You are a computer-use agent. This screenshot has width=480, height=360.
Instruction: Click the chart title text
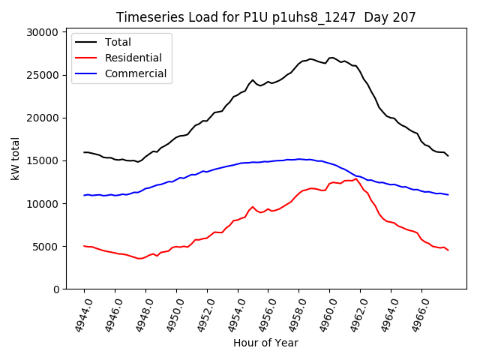(267, 17)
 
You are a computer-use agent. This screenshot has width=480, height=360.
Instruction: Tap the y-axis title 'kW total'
(16, 160)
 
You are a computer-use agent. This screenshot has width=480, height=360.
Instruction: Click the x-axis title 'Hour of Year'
(266, 343)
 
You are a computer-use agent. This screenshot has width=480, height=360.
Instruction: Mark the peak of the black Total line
(331, 58)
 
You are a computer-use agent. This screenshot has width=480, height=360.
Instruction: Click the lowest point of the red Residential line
(139, 259)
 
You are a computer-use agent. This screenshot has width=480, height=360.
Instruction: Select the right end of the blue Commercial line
(448, 195)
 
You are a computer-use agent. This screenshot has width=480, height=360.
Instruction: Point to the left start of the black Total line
(84, 152)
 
